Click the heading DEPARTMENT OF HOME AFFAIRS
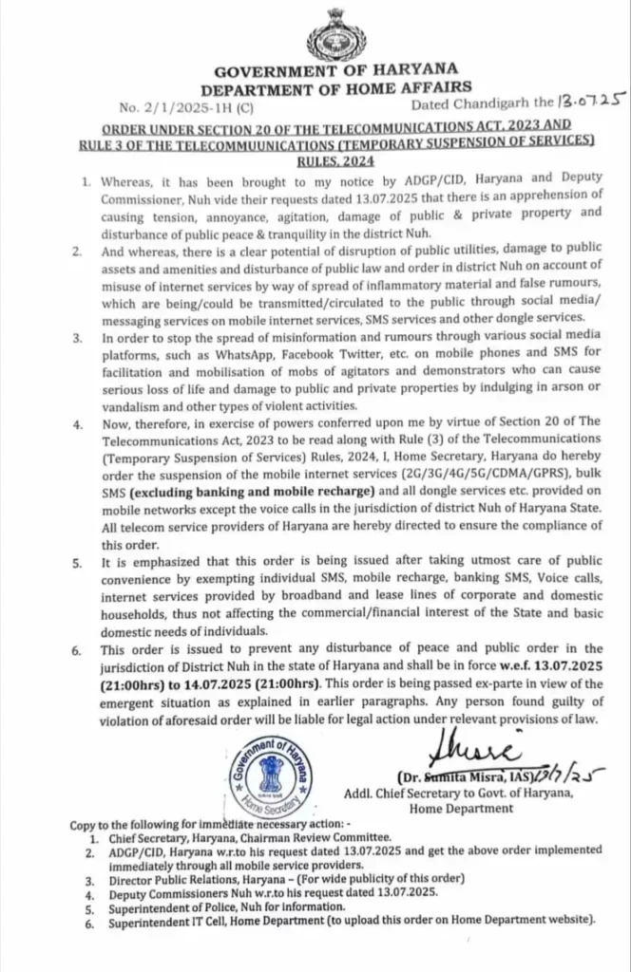[x=335, y=87]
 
